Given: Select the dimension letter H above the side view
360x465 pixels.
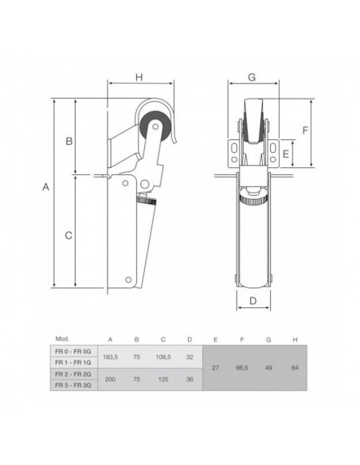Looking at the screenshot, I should [x=137, y=77].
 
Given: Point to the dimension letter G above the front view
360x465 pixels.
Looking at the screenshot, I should [x=251, y=77].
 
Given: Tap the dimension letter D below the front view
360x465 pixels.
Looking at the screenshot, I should [x=251, y=301].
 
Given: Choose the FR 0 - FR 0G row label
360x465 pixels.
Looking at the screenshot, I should [x=75, y=350].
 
